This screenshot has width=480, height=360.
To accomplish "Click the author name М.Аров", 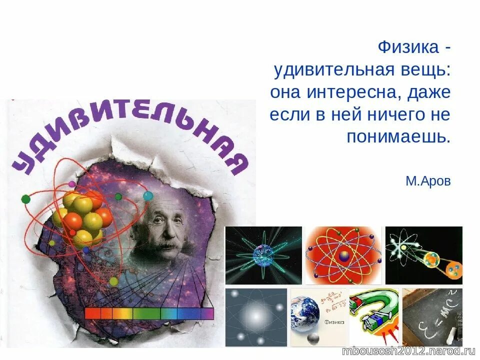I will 428,181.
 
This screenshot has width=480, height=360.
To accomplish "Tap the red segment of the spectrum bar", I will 92,313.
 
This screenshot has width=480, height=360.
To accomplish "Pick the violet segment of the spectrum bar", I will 207,313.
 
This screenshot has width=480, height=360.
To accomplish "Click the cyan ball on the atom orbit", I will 147,195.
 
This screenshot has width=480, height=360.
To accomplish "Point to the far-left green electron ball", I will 25,199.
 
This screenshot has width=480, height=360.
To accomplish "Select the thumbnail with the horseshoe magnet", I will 374,317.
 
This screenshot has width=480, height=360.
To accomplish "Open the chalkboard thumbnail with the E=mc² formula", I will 432,317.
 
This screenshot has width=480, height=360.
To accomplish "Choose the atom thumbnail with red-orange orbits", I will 343,255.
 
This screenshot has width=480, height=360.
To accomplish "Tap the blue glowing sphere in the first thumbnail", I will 261,255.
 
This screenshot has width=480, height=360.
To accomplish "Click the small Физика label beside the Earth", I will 334,322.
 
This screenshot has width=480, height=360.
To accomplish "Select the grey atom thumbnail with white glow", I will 256,317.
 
